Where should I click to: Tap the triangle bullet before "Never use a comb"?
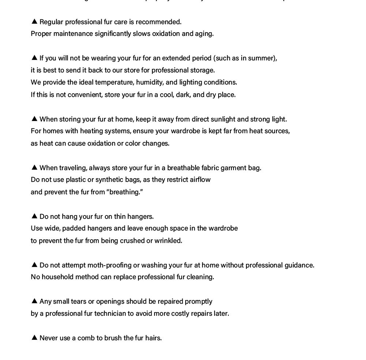tap(34, 337)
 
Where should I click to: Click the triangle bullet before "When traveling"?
tap(34, 167)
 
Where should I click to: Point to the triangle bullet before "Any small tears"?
tap(34, 301)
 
